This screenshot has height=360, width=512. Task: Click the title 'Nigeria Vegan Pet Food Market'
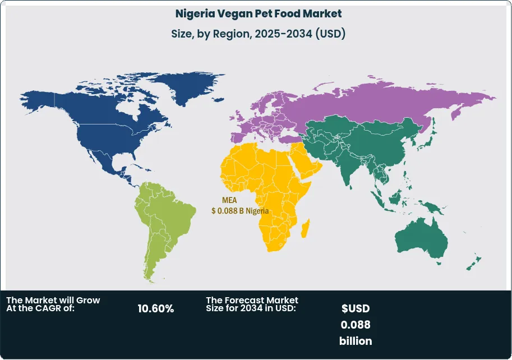(257, 13)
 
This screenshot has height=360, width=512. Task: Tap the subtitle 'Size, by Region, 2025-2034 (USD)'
(257, 34)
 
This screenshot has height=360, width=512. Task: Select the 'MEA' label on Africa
(229, 200)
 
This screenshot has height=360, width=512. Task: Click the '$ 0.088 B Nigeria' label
(239, 211)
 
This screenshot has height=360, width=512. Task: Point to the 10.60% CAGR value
(155, 308)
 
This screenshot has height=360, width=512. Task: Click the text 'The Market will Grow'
(53, 301)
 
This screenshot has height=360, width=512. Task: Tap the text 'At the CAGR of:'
(40, 308)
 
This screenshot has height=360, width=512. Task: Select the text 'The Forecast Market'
(252, 301)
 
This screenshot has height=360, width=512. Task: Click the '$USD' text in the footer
(356, 308)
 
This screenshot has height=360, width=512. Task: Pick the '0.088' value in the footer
(356, 325)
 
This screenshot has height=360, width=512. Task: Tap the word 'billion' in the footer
(356, 341)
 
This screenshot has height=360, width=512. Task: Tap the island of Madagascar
(306, 228)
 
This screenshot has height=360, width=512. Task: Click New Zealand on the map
(474, 262)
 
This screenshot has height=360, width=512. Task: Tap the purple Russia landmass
(381, 101)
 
